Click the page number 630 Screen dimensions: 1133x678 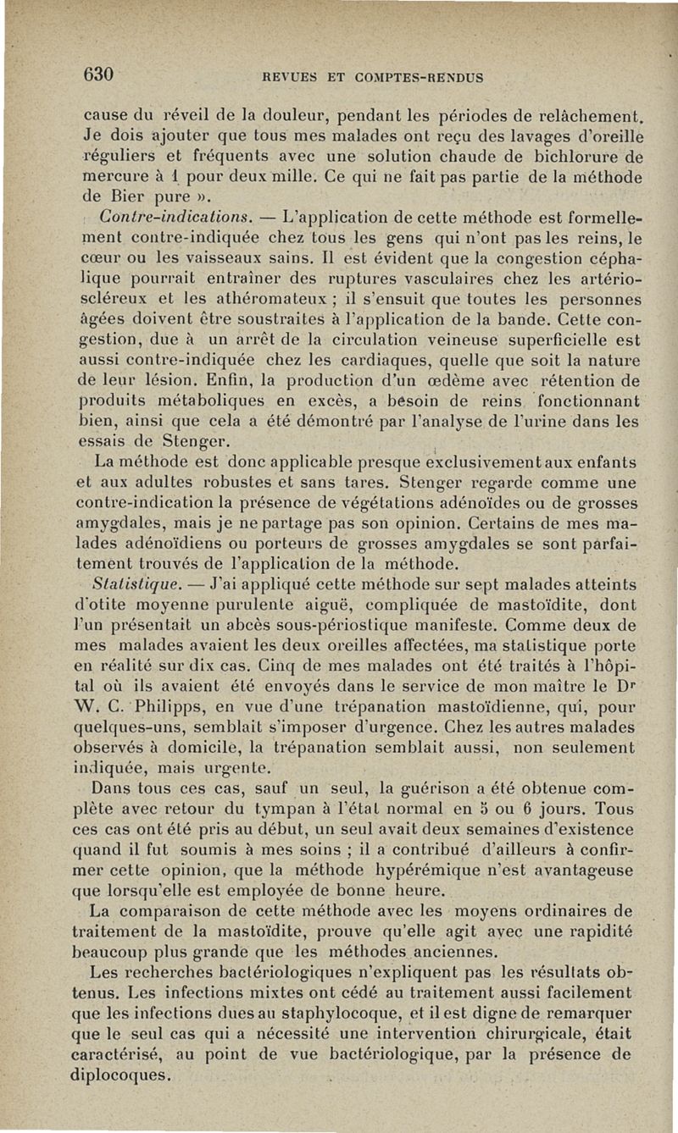click(99, 74)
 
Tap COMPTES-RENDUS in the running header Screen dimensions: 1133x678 click(422, 78)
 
